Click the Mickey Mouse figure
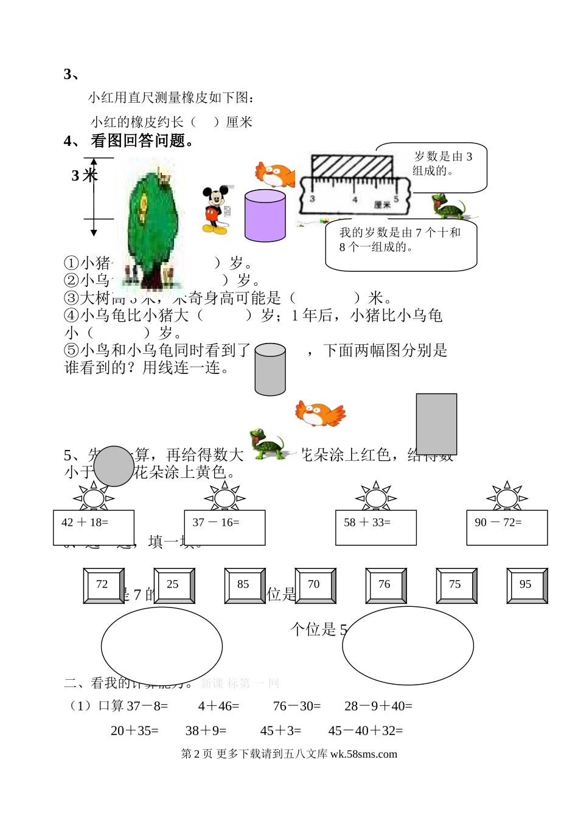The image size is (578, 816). click(x=214, y=210)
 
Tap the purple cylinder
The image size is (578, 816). click(x=265, y=215)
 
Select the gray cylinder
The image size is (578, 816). click(x=270, y=369)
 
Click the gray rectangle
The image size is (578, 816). click(x=436, y=423)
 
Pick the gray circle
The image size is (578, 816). click(x=114, y=466)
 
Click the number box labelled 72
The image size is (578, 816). click(x=103, y=585)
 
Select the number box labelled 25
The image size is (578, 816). click(x=173, y=585)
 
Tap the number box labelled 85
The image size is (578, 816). click(x=244, y=585)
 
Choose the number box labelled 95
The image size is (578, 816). click(x=526, y=585)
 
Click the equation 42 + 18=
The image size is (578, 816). click(x=85, y=522)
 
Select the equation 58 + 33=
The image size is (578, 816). click(x=367, y=522)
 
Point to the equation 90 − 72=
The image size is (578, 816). click(x=498, y=522)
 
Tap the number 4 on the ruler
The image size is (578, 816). click(x=355, y=199)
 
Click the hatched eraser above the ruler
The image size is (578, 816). click(x=351, y=166)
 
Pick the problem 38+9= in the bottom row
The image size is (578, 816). click(x=206, y=731)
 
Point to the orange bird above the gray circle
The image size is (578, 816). click(x=319, y=413)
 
